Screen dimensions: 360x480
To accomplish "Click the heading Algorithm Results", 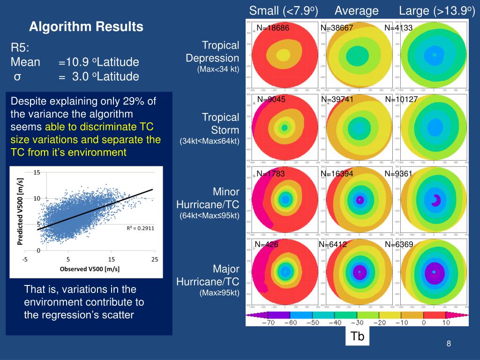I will (x=86, y=27).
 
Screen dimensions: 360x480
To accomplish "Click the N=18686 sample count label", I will (x=273, y=28).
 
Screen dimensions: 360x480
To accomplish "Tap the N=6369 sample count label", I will (x=399, y=244).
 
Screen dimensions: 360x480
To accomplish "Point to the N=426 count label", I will (x=266, y=244).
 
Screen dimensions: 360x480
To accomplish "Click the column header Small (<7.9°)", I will (x=284, y=10).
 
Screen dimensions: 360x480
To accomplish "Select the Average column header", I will (x=357, y=10).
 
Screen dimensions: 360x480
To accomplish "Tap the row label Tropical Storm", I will (x=220, y=123).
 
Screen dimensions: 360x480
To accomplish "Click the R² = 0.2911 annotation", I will (x=140, y=228).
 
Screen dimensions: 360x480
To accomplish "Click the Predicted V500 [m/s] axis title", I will (x=20, y=211).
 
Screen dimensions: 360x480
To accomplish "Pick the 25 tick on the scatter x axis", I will (x=155, y=259).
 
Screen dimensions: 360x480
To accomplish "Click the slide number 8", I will (x=449, y=345).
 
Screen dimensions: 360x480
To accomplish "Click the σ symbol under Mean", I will (x=17, y=76).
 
